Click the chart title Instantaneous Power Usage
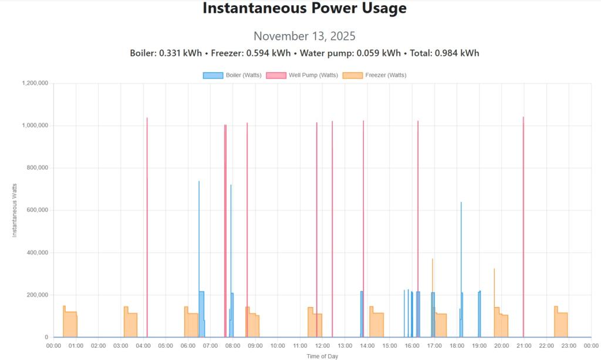pyautogui.click(x=305, y=9)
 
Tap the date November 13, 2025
pyautogui.click(x=305, y=36)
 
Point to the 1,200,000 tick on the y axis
pyautogui.click(x=34, y=83)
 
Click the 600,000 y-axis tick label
pyautogui.click(x=36, y=210)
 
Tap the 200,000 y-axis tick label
pyautogui.click(x=36, y=295)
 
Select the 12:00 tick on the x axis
pyautogui.click(x=322, y=345)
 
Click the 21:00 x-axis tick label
pyautogui.click(x=524, y=345)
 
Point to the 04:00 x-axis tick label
pyautogui.click(x=143, y=345)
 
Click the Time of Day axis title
pyautogui.click(x=322, y=356)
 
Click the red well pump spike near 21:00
pyautogui.click(x=523, y=223)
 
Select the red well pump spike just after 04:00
pyautogui.click(x=147, y=223)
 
